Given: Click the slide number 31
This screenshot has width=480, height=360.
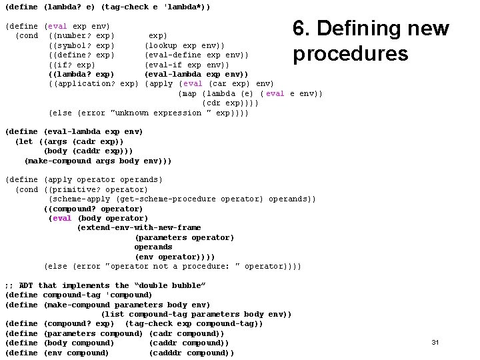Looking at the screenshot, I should point(435,342).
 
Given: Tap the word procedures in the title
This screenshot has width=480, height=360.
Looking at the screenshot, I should point(350,53).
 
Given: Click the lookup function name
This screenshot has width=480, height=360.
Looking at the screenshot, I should point(164,45).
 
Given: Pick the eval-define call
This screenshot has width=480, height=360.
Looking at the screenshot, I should point(172,55).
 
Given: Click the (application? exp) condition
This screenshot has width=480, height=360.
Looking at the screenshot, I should point(93,83).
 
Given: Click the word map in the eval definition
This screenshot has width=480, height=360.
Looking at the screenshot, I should point(189,93).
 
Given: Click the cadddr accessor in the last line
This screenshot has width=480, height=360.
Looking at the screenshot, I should point(167,353).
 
